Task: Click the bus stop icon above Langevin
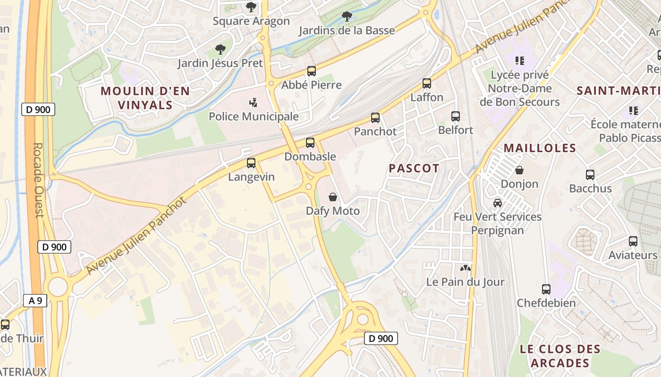click(x=251, y=163)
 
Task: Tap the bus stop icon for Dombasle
click(x=310, y=142)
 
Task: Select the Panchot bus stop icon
click(x=375, y=118)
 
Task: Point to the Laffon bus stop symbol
click(x=427, y=83)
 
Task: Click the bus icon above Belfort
click(x=456, y=116)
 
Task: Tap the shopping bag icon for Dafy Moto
click(x=333, y=197)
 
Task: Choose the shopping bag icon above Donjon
click(x=519, y=170)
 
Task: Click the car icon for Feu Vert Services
click(x=498, y=203)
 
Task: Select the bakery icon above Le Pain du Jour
click(x=465, y=268)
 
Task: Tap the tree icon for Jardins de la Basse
click(x=347, y=16)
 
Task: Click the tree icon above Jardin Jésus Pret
click(x=220, y=49)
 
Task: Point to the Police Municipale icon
click(x=254, y=102)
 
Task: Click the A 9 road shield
click(x=35, y=301)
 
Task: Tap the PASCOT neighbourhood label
click(x=414, y=168)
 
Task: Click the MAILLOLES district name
click(x=540, y=148)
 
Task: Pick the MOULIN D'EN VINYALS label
click(x=145, y=98)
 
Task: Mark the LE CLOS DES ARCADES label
click(x=559, y=356)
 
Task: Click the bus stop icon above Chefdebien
click(x=546, y=289)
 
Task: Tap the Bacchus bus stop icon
click(x=590, y=175)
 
